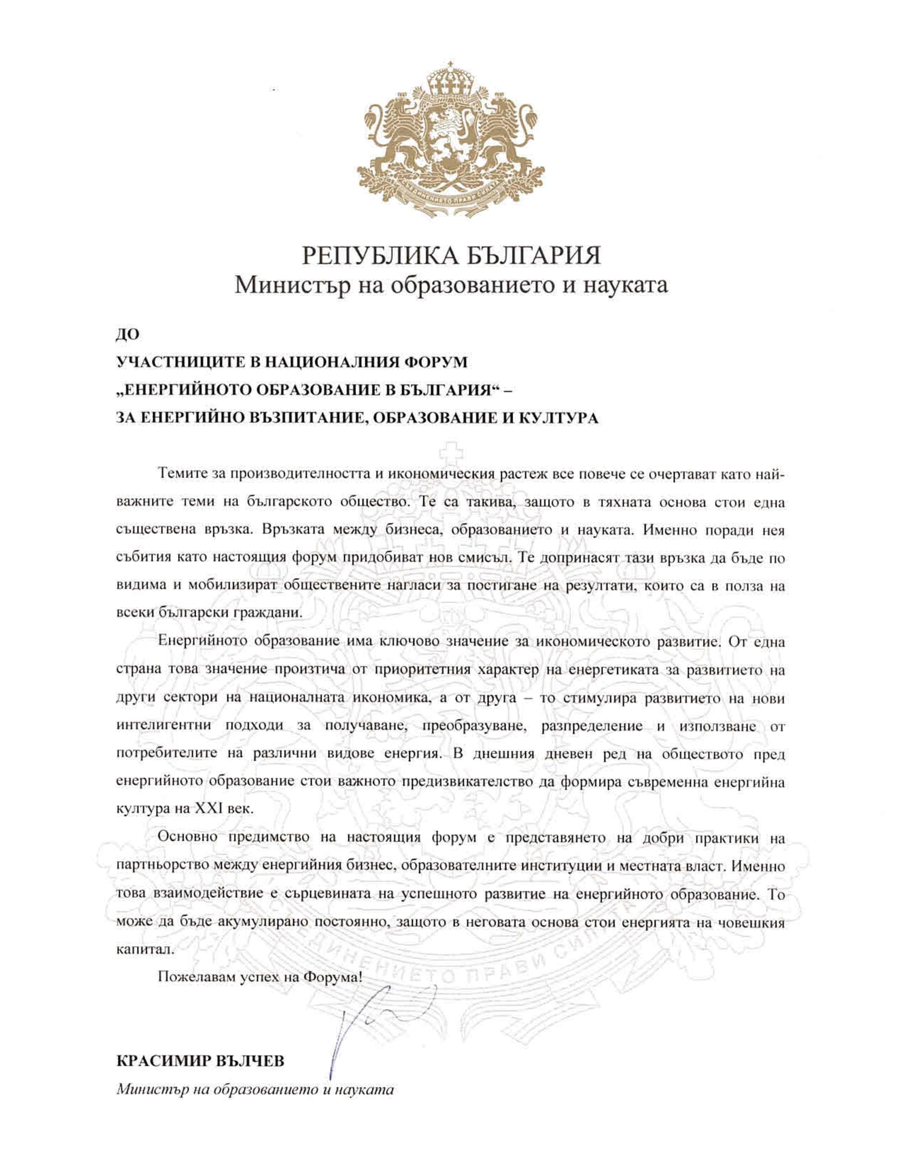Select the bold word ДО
pyautogui.click(x=127, y=335)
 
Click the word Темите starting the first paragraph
pyautogui.click(x=182, y=474)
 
